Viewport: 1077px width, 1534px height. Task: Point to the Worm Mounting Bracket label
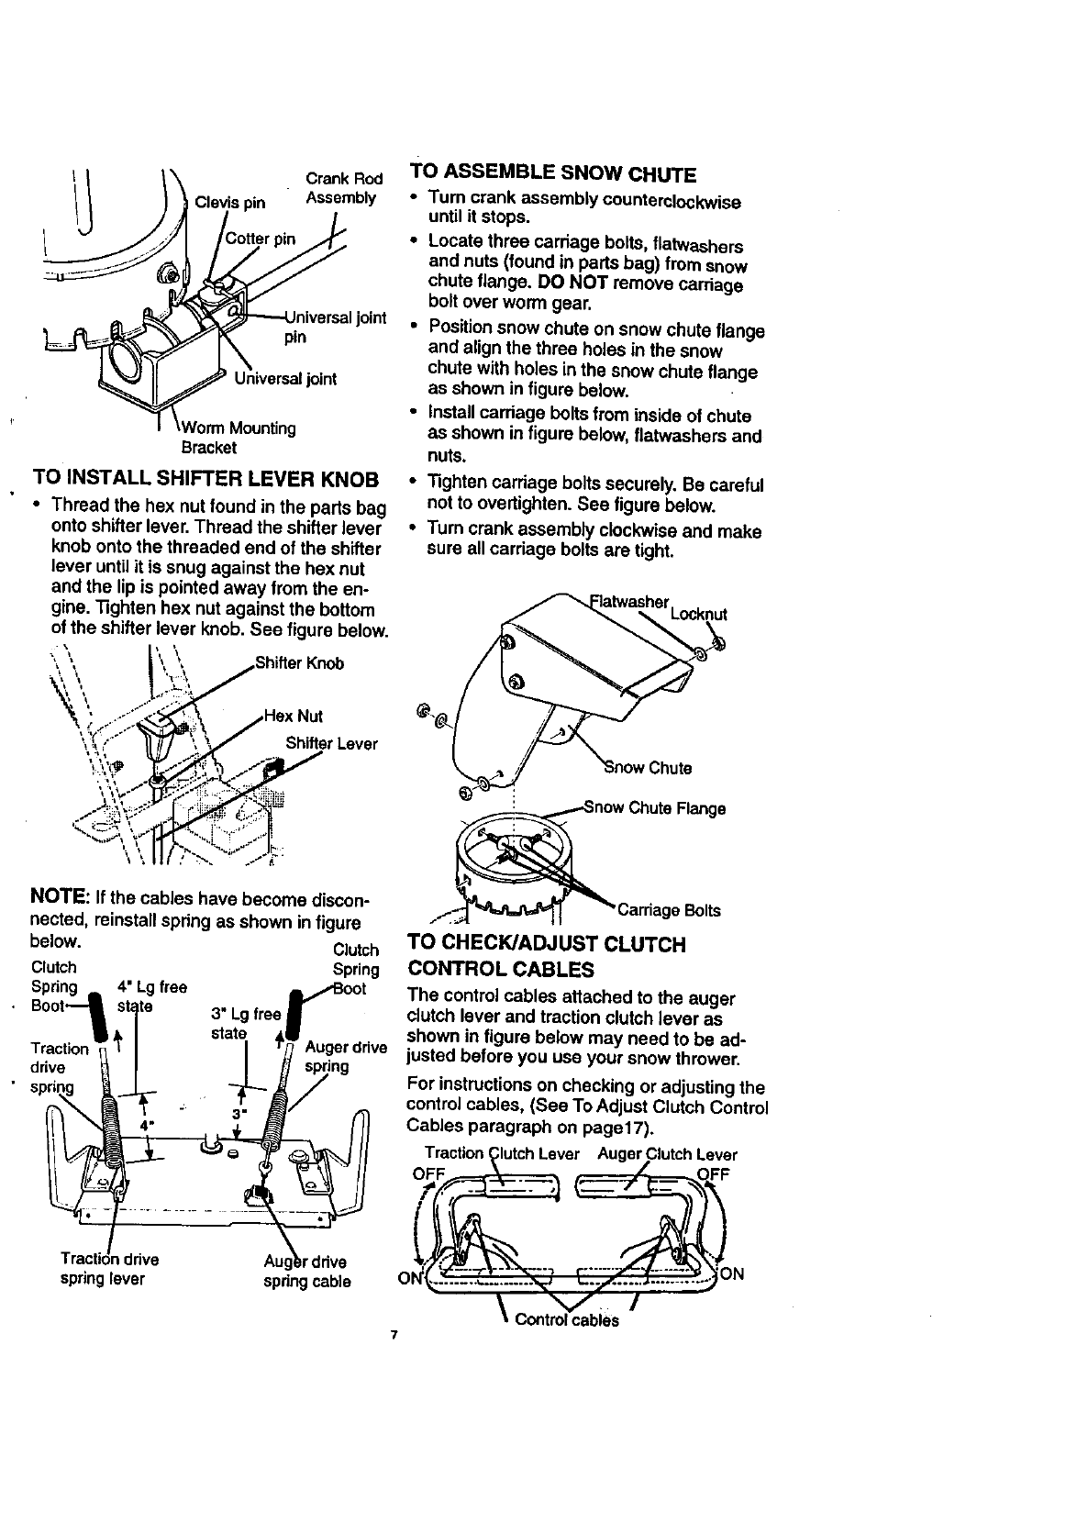click(239, 438)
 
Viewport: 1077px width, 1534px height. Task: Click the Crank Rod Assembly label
click(341, 188)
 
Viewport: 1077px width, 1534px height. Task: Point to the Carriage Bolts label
click(669, 910)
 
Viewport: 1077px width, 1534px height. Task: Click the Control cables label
click(567, 1320)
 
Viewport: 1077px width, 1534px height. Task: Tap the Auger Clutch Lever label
click(667, 1154)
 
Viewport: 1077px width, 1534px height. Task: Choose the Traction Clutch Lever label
click(502, 1154)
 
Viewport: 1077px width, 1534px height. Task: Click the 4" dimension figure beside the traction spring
click(145, 1124)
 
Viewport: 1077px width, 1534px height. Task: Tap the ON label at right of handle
click(731, 1273)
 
